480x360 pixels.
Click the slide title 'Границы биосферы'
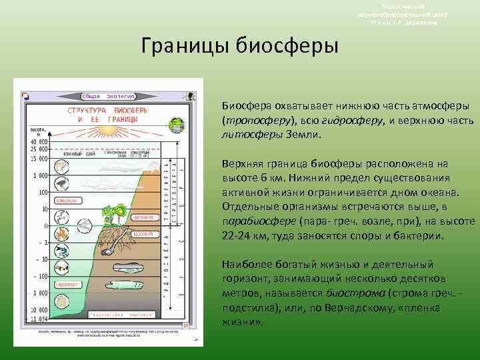click(240, 46)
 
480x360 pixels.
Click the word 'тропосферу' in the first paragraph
click(253, 121)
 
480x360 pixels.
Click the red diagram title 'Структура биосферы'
click(103, 113)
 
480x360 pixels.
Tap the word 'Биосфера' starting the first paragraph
click(244, 107)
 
